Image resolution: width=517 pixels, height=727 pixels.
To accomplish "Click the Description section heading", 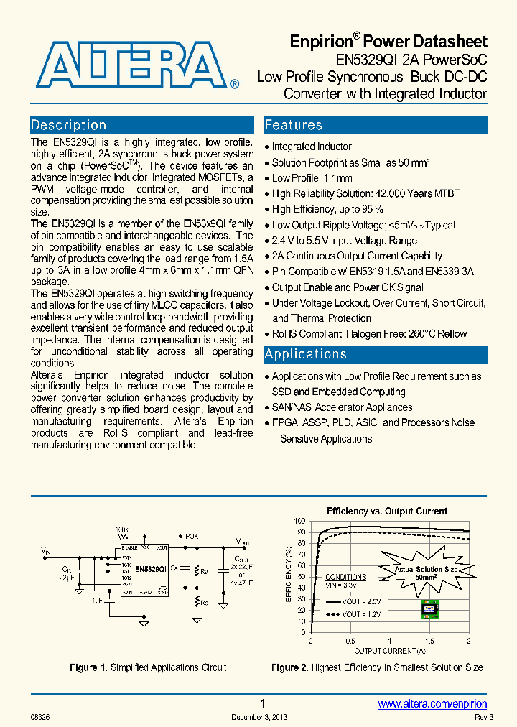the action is [x=69, y=125].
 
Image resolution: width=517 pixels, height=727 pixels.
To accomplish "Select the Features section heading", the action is [x=293, y=126].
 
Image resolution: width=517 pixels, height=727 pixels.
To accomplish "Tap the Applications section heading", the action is [x=306, y=354].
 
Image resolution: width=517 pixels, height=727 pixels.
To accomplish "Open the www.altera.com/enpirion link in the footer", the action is [x=432, y=704].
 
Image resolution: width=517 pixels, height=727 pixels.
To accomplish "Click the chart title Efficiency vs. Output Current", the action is [x=387, y=511].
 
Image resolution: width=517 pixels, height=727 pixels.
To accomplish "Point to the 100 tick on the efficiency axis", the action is [x=299, y=521].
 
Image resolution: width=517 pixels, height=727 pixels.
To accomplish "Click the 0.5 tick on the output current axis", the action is [x=350, y=641].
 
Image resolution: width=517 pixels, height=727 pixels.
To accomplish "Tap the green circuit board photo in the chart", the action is [x=430, y=608].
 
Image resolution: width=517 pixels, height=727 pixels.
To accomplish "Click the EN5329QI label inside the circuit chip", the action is [x=150, y=568].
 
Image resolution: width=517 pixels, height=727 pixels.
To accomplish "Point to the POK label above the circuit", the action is [x=191, y=536].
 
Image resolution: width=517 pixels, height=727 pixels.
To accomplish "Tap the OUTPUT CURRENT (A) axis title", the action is [x=389, y=651].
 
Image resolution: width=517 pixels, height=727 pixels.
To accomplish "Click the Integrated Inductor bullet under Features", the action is [x=312, y=147].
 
